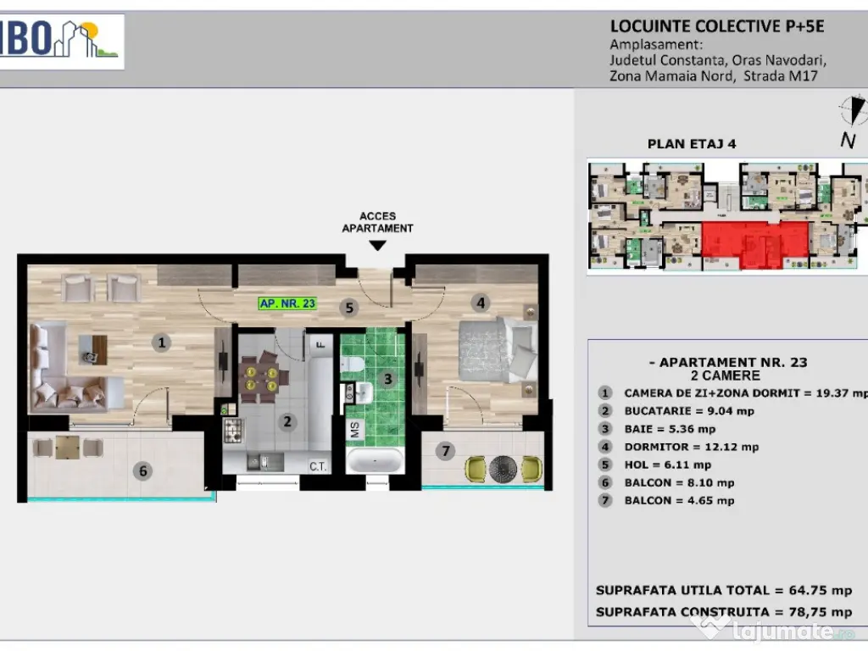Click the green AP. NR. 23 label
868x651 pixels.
tap(287, 303)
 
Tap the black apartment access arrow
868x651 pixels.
tap(377, 245)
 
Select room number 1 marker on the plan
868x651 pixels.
tap(162, 342)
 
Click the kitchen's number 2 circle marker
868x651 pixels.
tap(287, 422)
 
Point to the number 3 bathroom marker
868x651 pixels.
tap(387, 379)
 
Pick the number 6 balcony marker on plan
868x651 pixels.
tap(142, 471)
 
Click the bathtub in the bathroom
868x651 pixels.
tap(376, 460)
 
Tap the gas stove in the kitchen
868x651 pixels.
tap(233, 430)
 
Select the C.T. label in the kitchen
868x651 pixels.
tap(318, 467)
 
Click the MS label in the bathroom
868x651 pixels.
tap(355, 430)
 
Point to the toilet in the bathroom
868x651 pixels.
tap(353, 364)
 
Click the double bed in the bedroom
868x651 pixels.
tap(498, 350)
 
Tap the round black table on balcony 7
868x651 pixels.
tap(503, 468)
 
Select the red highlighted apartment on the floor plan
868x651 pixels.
tap(755, 244)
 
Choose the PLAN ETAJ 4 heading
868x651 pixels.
tap(692, 144)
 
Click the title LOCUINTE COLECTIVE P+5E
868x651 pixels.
tap(717, 26)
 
